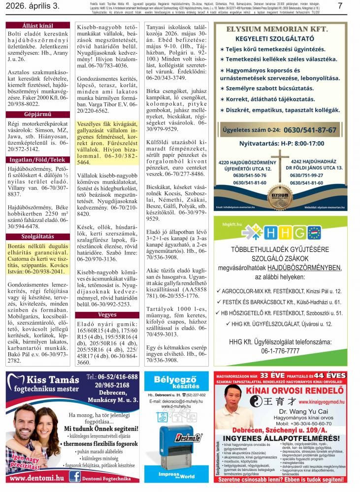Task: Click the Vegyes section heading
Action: click(107, 315)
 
